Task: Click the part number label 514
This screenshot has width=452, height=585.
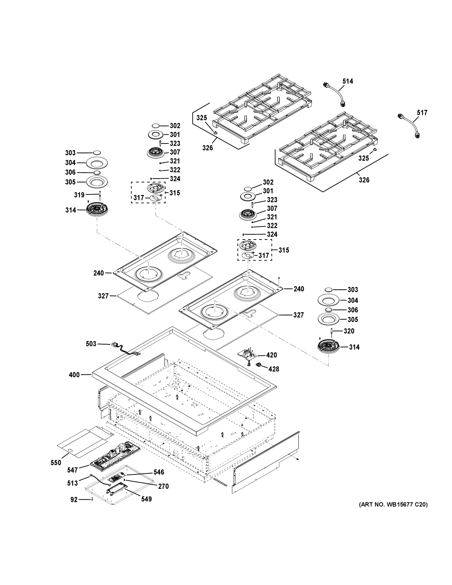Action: pyautogui.click(x=347, y=81)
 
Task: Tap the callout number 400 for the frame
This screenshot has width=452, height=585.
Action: pyautogui.click(x=74, y=375)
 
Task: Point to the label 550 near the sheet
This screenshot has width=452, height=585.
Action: pyautogui.click(x=56, y=463)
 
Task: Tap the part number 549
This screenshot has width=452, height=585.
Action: pyautogui.click(x=146, y=499)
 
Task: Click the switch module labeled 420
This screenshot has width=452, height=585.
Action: pyautogui.click(x=247, y=355)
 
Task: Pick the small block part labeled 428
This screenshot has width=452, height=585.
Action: pyautogui.click(x=259, y=365)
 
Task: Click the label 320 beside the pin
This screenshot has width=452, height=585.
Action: pyautogui.click(x=349, y=331)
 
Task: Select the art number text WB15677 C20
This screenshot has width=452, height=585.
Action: pyautogui.click(x=393, y=505)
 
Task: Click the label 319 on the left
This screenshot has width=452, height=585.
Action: pyautogui.click(x=79, y=195)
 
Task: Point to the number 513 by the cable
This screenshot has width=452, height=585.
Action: pyautogui.click(x=73, y=483)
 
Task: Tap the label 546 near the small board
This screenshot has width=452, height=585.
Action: pyautogui.click(x=159, y=472)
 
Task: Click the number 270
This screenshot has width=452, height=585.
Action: pyautogui.click(x=163, y=487)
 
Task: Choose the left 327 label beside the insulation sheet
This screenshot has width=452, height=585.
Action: pyautogui.click(x=103, y=296)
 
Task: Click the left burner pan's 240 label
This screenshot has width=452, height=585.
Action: pyautogui.click(x=98, y=273)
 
